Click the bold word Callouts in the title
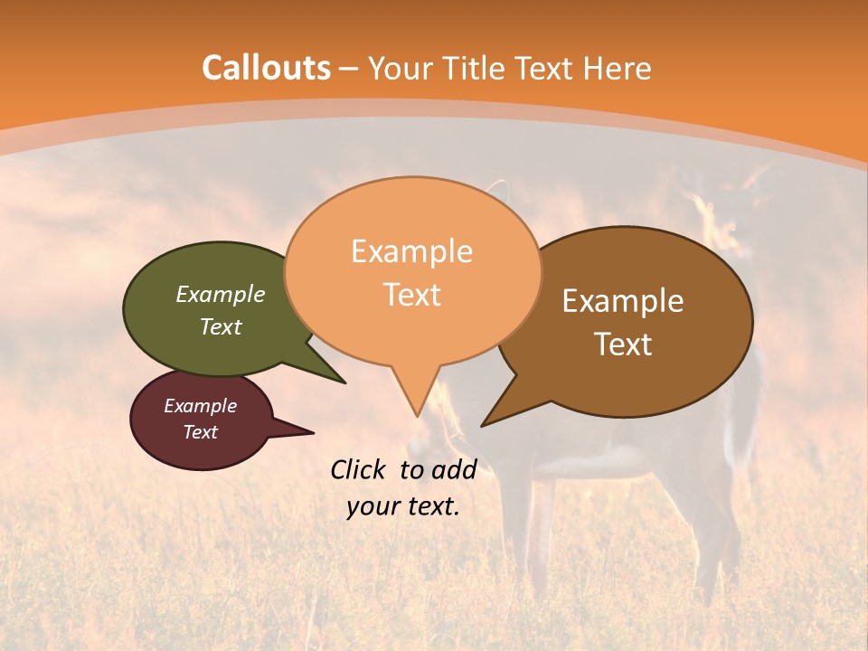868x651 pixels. coord(266,68)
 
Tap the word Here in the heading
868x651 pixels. coord(618,68)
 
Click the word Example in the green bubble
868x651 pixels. coord(221,294)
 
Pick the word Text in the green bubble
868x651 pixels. coord(221,326)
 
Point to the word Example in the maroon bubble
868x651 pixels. coord(200,406)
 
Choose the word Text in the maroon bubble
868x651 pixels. coord(200,432)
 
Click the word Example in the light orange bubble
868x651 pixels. coord(411,251)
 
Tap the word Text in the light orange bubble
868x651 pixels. coord(411,295)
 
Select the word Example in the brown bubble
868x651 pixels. coord(623,301)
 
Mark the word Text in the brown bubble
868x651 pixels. coord(623,344)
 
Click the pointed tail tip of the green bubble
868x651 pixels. coord(344,382)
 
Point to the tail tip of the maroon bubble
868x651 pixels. coord(313,432)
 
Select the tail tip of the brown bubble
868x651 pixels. coord(482,425)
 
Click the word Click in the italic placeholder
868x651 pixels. coord(360,469)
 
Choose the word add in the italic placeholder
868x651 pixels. coord(455,469)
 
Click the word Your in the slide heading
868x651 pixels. coord(399,68)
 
